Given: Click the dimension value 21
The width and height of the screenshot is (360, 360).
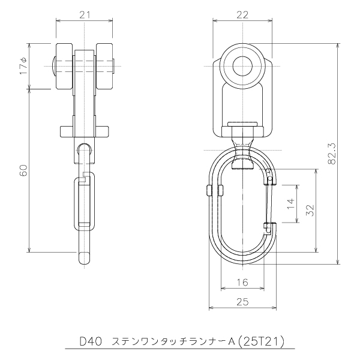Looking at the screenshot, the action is point(85,15).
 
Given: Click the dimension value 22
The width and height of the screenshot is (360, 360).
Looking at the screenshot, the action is point(242,15).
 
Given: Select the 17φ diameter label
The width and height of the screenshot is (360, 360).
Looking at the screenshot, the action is point(23,66).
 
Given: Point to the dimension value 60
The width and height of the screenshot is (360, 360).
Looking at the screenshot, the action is point(23,170).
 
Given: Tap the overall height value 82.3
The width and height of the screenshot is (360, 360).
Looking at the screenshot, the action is point(332,154).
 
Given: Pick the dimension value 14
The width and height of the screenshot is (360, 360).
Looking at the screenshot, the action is point(290,204).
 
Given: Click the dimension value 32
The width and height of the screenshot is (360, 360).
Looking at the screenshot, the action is point(310,210).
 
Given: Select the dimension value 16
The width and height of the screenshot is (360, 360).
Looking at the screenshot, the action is point(242,282).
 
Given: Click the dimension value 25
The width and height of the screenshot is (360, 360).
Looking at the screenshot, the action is point(242,302).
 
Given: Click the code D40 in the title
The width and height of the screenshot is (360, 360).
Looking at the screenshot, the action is point(91,342).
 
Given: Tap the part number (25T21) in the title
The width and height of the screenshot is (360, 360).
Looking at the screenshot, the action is point(261,342).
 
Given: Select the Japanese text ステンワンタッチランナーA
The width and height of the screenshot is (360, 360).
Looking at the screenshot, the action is point(173,342).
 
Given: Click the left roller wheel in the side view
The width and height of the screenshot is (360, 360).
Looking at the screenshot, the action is point(65,66).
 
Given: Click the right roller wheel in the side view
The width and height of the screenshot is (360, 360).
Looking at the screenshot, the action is point(104,66).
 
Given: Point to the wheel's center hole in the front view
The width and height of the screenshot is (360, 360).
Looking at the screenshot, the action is point(242,66).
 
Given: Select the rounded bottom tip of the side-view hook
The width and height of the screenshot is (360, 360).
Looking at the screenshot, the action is point(85,258).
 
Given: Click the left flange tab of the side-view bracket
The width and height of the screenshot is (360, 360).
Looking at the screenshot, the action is point(67,132).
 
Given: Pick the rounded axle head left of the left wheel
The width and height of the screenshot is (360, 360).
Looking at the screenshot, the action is point(54,66).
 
